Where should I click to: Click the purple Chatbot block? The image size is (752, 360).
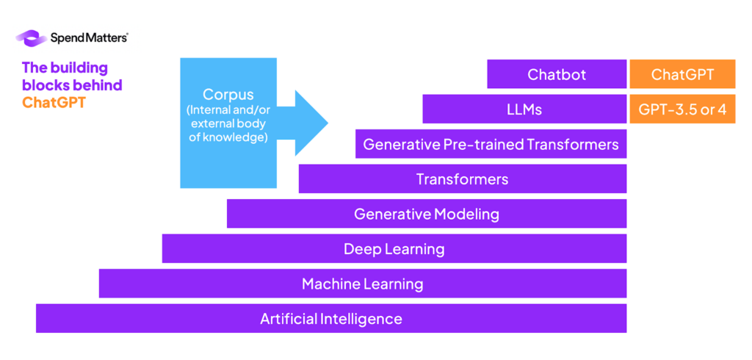[x=556, y=74]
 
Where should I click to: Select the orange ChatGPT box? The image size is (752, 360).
[x=682, y=74]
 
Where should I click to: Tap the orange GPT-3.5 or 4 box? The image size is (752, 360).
[x=682, y=109]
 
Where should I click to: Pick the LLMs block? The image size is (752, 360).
[x=524, y=109]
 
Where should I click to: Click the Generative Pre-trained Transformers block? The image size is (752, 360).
[x=491, y=144]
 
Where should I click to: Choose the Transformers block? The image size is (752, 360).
[x=462, y=179]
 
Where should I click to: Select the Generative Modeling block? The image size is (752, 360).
[x=426, y=214]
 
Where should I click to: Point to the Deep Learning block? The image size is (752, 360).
[x=394, y=249]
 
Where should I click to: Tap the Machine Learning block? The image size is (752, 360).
[x=362, y=284]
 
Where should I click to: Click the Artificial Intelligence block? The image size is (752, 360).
[x=330, y=319]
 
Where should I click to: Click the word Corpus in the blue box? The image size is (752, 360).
[x=228, y=95]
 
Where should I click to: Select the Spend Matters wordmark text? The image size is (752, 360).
[x=88, y=37]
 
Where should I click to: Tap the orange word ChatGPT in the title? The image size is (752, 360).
[x=54, y=102]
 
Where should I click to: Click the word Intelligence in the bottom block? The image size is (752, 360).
[x=361, y=319]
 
